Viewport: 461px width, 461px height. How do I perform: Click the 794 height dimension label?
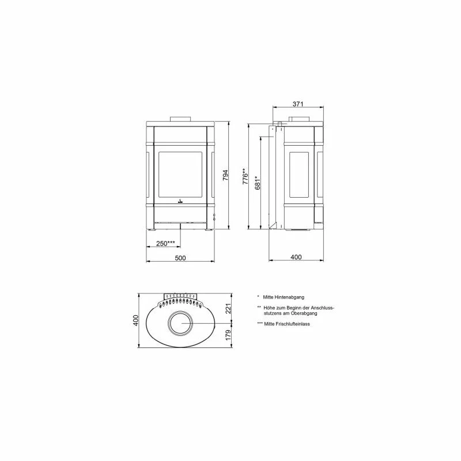click(x=225, y=175)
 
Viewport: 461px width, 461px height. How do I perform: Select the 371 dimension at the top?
click(x=297, y=104)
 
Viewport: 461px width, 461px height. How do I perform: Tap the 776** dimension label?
click(x=245, y=176)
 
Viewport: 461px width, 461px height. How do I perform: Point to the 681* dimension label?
click(x=258, y=183)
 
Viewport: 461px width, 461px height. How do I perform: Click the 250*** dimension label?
click(x=165, y=243)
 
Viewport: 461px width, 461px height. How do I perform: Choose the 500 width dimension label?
click(x=180, y=258)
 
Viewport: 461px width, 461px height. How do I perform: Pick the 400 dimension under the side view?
click(x=296, y=257)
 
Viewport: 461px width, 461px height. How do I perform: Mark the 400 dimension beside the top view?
click(x=135, y=320)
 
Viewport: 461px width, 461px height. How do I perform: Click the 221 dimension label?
click(x=228, y=308)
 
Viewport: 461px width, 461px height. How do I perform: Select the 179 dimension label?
click(x=228, y=335)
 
